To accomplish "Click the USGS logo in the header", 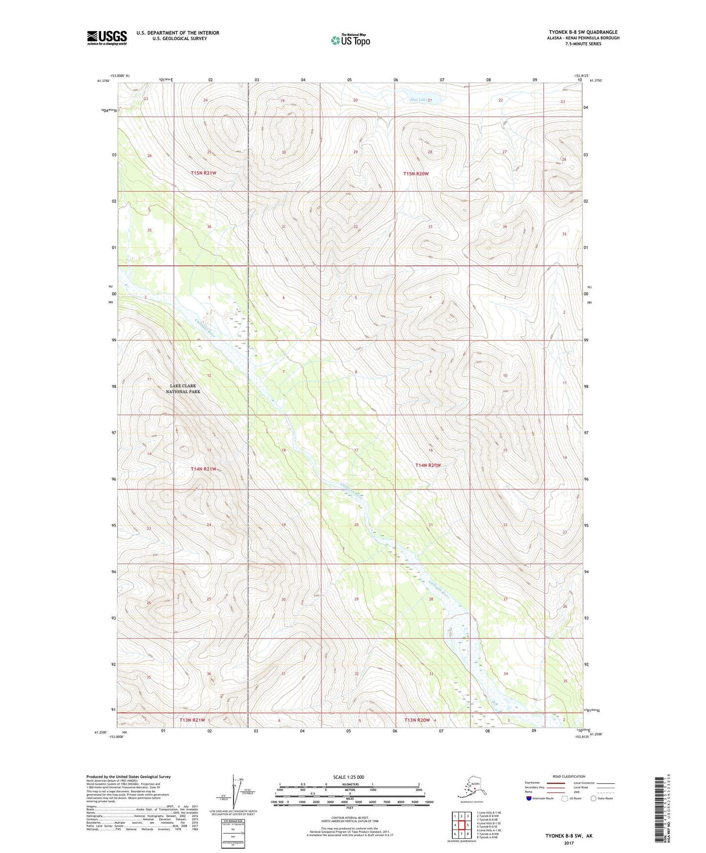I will (107, 38).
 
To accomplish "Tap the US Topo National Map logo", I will (350, 40).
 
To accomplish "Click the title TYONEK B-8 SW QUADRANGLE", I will (583, 32).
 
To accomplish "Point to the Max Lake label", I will (419, 100).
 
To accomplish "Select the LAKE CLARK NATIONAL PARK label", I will (183, 389).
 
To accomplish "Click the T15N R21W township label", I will (203, 173).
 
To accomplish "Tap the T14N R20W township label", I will (428, 466).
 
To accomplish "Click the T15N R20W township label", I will (416, 173).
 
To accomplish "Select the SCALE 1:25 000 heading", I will (349, 777).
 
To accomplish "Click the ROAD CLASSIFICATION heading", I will (569, 776).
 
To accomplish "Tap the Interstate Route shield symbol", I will (529, 798).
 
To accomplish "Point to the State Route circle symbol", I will (594, 798).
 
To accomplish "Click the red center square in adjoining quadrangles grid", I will (461, 826).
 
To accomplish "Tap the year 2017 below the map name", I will (569, 843).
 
